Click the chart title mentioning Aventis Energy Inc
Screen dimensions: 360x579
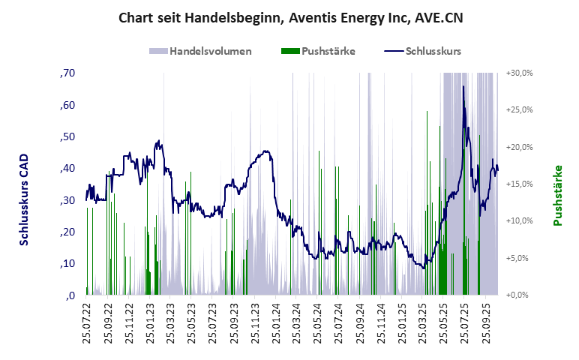(x=290, y=17)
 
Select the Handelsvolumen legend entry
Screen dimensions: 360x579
(x=200, y=52)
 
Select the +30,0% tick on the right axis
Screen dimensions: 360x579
(x=519, y=73)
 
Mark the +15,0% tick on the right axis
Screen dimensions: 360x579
(x=519, y=184)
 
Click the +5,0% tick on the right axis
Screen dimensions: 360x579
(x=519, y=258)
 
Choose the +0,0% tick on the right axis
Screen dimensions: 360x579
(x=519, y=295)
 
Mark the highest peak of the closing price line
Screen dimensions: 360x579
(x=463, y=86)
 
